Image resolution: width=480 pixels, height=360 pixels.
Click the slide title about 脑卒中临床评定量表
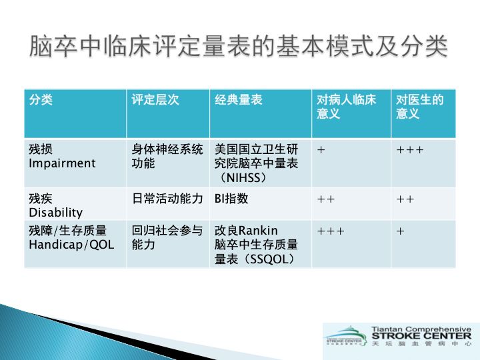coord(239,48)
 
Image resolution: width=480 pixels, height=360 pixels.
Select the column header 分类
coord(41,100)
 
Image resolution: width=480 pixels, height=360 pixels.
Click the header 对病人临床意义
coord(346,107)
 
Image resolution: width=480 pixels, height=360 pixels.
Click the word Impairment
coord(62,163)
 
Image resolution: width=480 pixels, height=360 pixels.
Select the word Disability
coord(55,213)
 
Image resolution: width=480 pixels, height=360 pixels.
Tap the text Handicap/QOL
coord(71,245)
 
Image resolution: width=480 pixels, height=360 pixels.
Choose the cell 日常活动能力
coord(167,199)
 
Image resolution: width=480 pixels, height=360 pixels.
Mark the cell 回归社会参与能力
coord(167,238)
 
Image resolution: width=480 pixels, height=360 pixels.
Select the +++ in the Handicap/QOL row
coord(331,231)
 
